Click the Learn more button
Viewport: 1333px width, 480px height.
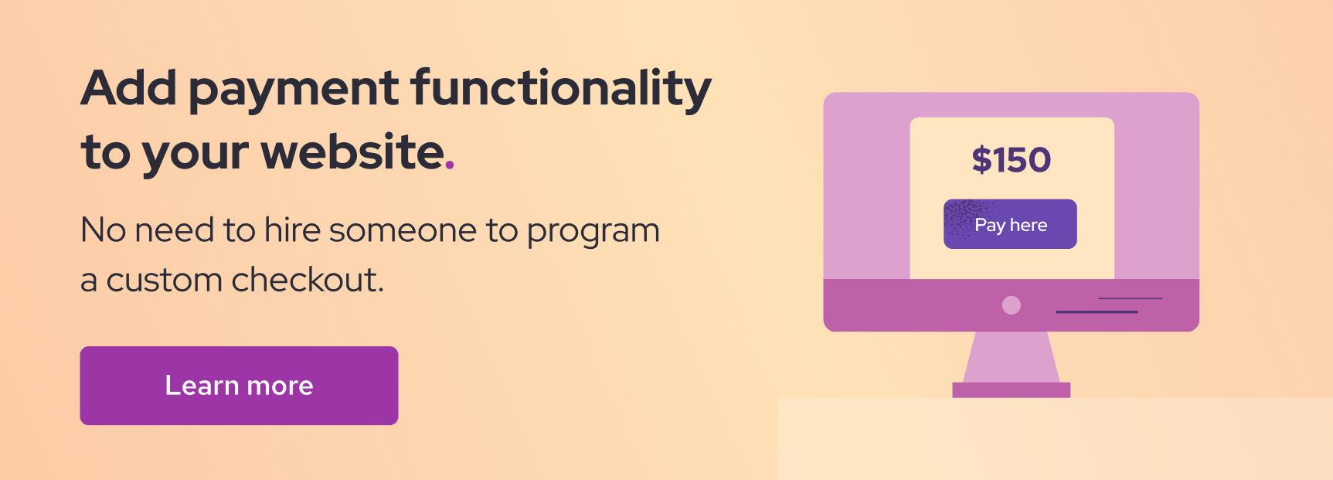point(239,386)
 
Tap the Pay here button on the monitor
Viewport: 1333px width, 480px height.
point(1010,224)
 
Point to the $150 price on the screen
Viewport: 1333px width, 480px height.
point(1011,159)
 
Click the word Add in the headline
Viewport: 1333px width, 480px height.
point(129,87)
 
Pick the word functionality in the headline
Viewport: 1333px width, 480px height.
point(561,90)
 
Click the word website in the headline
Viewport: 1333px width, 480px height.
point(352,151)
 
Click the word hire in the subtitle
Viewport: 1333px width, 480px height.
point(292,230)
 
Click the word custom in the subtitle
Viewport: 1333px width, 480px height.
point(165,281)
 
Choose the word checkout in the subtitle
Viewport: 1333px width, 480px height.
point(307,279)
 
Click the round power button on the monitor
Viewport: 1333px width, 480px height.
point(1011,305)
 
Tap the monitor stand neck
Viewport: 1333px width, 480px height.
point(1011,357)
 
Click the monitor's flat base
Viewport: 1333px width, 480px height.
point(1011,390)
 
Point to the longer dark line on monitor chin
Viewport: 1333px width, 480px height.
point(1097,312)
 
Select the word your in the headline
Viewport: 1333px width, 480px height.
point(196,155)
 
